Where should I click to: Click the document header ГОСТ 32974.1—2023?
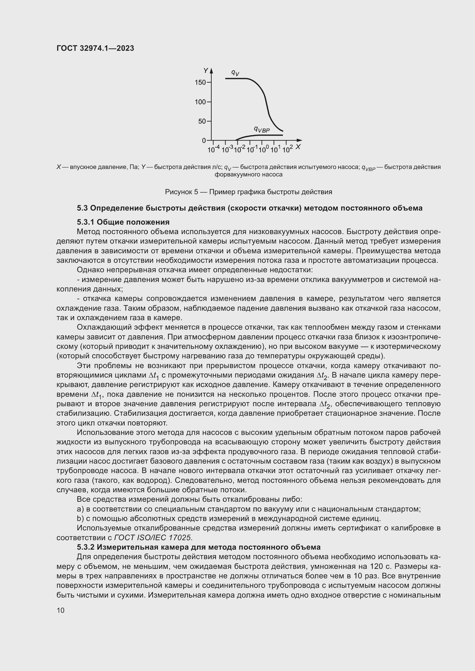95,48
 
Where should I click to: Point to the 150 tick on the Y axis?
200,82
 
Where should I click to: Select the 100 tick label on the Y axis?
200,102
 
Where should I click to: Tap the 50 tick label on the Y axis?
202,121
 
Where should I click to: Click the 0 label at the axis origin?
204,141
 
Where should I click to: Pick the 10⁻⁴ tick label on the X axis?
213,149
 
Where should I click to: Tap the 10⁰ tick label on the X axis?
263,149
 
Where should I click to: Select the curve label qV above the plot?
235,72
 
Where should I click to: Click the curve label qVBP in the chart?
262,129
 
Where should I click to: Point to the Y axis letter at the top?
206,71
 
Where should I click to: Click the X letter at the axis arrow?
298,147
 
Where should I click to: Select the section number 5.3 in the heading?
82,208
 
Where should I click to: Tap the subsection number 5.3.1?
85,222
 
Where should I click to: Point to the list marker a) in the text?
80,509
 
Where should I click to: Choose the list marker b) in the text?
80,518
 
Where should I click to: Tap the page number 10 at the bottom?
61,610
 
